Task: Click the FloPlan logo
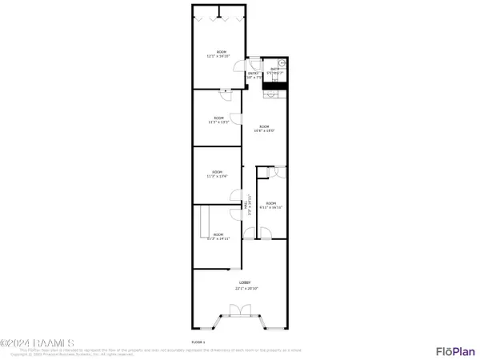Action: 454,351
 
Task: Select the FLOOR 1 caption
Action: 198,342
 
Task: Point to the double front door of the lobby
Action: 236,310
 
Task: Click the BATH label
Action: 274,69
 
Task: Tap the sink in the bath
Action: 282,63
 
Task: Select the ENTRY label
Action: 253,73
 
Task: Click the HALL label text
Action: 245,205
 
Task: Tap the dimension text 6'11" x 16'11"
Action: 271,206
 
